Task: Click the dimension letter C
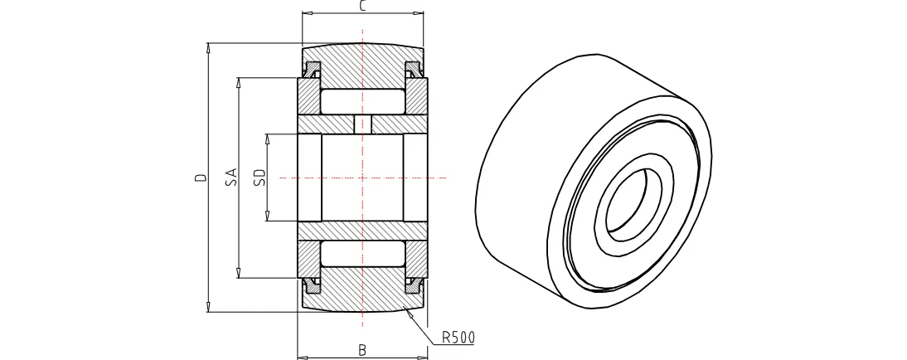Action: (x=362, y=6)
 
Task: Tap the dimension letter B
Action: (x=362, y=350)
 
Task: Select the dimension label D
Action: (x=201, y=178)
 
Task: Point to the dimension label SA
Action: (x=230, y=178)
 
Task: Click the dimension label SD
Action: (x=259, y=178)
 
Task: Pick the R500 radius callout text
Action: (x=458, y=337)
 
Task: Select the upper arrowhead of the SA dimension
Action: (x=238, y=82)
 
